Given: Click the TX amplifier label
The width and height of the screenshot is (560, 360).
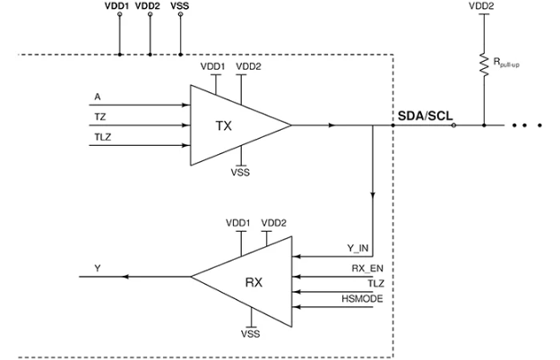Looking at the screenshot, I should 225,126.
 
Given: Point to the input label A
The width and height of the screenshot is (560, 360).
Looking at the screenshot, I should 96,94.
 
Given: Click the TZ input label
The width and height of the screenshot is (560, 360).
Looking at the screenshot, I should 99,116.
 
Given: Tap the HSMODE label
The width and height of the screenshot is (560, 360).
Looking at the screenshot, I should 362,298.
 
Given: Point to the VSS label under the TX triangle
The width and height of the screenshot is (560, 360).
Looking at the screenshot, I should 241,173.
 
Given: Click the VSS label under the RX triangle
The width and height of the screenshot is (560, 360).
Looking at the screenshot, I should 252,332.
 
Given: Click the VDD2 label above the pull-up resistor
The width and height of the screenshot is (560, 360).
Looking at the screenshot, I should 483,6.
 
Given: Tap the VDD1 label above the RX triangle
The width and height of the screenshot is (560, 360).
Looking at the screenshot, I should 239,222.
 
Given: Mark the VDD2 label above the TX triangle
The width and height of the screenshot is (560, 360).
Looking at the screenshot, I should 247,66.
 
